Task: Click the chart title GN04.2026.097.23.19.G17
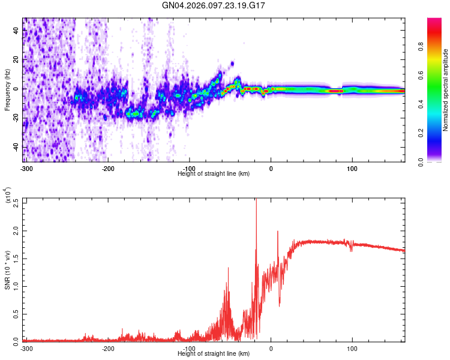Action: click(x=214, y=5)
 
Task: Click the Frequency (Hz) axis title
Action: click(x=7, y=90)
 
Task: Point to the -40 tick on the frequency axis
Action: click(x=14, y=147)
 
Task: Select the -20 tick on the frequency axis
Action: click(x=14, y=118)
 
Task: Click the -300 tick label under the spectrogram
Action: click(x=26, y=169)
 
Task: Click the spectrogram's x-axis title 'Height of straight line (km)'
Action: click(x=214, y=174)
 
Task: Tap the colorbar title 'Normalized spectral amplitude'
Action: click(x=446, y=90)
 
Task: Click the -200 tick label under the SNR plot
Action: click(x=108, y=349)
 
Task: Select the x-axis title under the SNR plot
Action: click(x=214, y=354)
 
